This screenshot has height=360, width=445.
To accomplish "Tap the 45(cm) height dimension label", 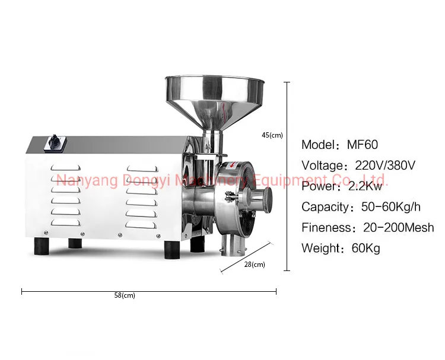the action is tap(272, 135).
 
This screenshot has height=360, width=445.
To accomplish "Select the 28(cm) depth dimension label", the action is tap(255, 265).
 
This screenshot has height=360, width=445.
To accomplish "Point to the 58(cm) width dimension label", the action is tap(125, 295).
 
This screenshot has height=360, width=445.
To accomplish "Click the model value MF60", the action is tap(363, 145).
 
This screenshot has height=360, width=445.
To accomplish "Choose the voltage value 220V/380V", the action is tap(385, 165).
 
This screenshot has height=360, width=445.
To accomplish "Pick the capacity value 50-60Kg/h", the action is tap(391, 207).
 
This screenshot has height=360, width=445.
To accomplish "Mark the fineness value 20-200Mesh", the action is tap(399, 228).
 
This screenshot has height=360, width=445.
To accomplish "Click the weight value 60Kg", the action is tap(366, 249).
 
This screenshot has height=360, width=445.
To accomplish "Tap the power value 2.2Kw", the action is tap(365, 186).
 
